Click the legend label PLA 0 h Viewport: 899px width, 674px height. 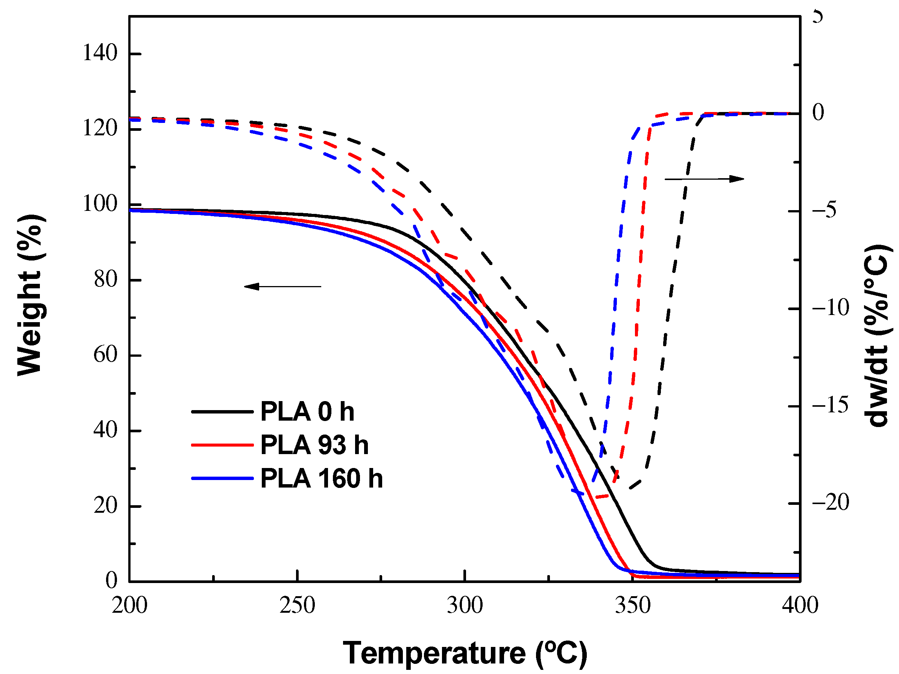(307, 412)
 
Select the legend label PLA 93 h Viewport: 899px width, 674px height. (314, 445)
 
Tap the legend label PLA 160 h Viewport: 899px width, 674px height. (321, 478)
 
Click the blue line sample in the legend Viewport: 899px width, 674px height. (222, 478)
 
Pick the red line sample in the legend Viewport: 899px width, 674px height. (222, 445)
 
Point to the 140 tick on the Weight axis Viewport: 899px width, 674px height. (100, 53)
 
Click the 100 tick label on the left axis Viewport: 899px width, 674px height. (100, 204)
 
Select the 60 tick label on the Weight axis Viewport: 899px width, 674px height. (105, 355)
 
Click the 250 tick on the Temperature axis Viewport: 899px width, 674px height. (297, 605)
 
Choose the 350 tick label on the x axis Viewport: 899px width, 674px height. (632, 605)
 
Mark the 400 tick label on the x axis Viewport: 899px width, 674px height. (800, 605)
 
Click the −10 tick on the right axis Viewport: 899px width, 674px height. (830, 308)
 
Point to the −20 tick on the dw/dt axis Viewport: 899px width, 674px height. (830, 503)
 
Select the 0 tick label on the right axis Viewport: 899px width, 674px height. (818, 112)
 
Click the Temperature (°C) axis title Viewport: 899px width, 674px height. (465, 653)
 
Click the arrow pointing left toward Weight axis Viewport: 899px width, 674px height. (282, 286)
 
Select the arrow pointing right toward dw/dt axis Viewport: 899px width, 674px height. (704, 179)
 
